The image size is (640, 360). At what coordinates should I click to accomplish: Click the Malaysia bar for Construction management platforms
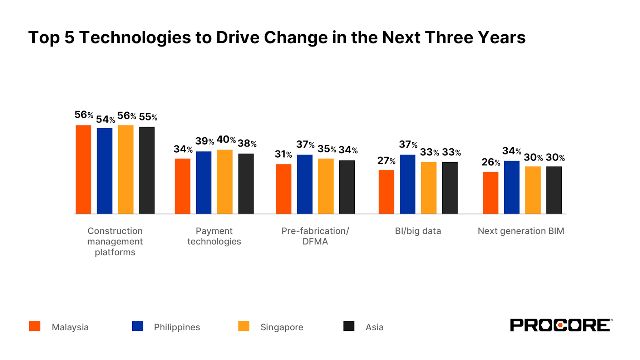(83, 169)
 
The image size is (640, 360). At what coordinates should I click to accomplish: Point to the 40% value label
(226, 139)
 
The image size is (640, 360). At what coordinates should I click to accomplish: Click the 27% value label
(386, 161)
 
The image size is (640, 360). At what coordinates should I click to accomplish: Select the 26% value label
(491, 162)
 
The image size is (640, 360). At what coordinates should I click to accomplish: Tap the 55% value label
(148, 117)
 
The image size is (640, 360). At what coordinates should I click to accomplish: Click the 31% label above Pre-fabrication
(283, 154)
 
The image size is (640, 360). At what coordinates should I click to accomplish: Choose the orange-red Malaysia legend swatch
(35, 326)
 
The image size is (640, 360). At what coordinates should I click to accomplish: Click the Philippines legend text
(177, 327)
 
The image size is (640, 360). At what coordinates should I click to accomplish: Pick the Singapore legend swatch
(243, 326)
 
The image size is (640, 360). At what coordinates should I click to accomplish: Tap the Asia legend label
(374, 327)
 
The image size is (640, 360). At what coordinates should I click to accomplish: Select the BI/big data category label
(418, 231)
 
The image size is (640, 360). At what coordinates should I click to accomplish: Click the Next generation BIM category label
(521, 231)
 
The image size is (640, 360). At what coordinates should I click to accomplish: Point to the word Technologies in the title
(135, 38)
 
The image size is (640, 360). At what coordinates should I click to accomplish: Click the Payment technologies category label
(214, 236)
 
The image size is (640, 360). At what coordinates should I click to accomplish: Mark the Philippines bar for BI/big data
(407, 184)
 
